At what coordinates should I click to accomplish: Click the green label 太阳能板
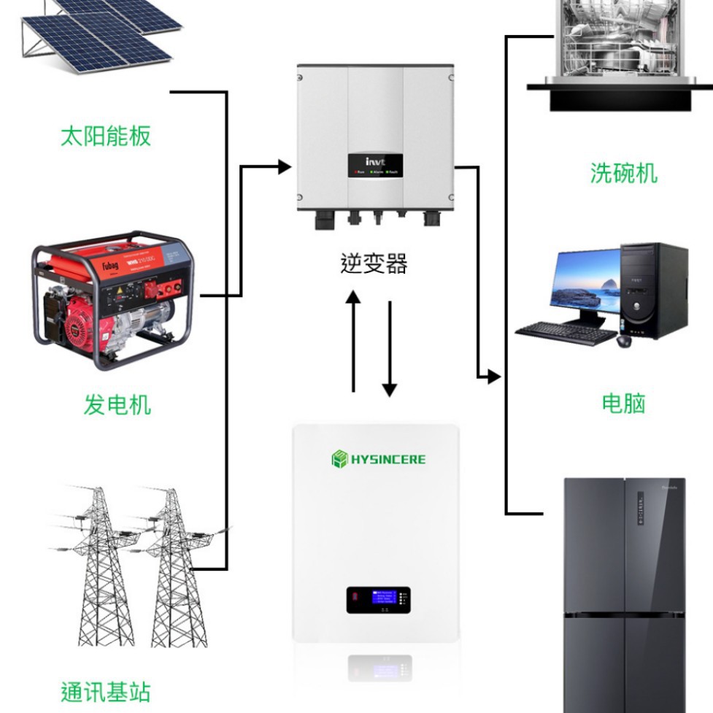[105, 136]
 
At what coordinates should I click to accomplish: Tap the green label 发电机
[117, 404]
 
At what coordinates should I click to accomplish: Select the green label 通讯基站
[105, 690]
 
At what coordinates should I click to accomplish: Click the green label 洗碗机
[623, 173]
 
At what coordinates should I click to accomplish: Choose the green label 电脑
[623, 403]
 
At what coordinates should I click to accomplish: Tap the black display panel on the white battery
[377, 600]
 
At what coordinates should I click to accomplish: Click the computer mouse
[625, 341]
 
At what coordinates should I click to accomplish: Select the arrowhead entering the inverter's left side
[285, 167]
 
